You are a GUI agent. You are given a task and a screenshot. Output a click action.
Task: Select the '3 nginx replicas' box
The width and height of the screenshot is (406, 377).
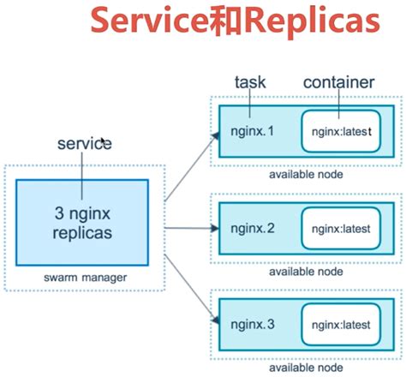[83, 221]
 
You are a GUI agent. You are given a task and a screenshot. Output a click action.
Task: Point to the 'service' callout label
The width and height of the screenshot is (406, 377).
[84, 143]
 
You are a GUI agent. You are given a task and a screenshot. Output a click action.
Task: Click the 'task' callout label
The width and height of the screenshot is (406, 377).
[250, 82]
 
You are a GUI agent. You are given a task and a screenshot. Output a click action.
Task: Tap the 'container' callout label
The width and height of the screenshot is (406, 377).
[338, 82]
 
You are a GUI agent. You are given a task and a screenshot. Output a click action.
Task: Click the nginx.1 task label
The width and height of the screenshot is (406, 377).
[252, 133]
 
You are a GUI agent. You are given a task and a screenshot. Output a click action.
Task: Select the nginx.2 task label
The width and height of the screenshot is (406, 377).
[252, 229]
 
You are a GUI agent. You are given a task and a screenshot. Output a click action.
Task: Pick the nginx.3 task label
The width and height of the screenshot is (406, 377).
[252, 325]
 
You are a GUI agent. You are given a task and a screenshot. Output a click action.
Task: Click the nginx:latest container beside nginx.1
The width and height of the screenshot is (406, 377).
[340, 133]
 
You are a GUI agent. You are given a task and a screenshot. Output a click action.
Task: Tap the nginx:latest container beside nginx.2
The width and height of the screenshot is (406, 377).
[340, 229]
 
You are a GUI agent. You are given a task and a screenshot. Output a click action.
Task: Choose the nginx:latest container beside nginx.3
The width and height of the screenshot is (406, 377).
[340, 325]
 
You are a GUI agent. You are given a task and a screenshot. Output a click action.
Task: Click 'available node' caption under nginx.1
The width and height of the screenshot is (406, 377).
[306, 175]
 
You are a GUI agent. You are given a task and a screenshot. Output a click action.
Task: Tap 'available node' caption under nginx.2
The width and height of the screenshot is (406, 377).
[306, 271]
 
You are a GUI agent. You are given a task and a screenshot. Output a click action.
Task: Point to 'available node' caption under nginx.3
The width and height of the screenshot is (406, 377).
[306, 367]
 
